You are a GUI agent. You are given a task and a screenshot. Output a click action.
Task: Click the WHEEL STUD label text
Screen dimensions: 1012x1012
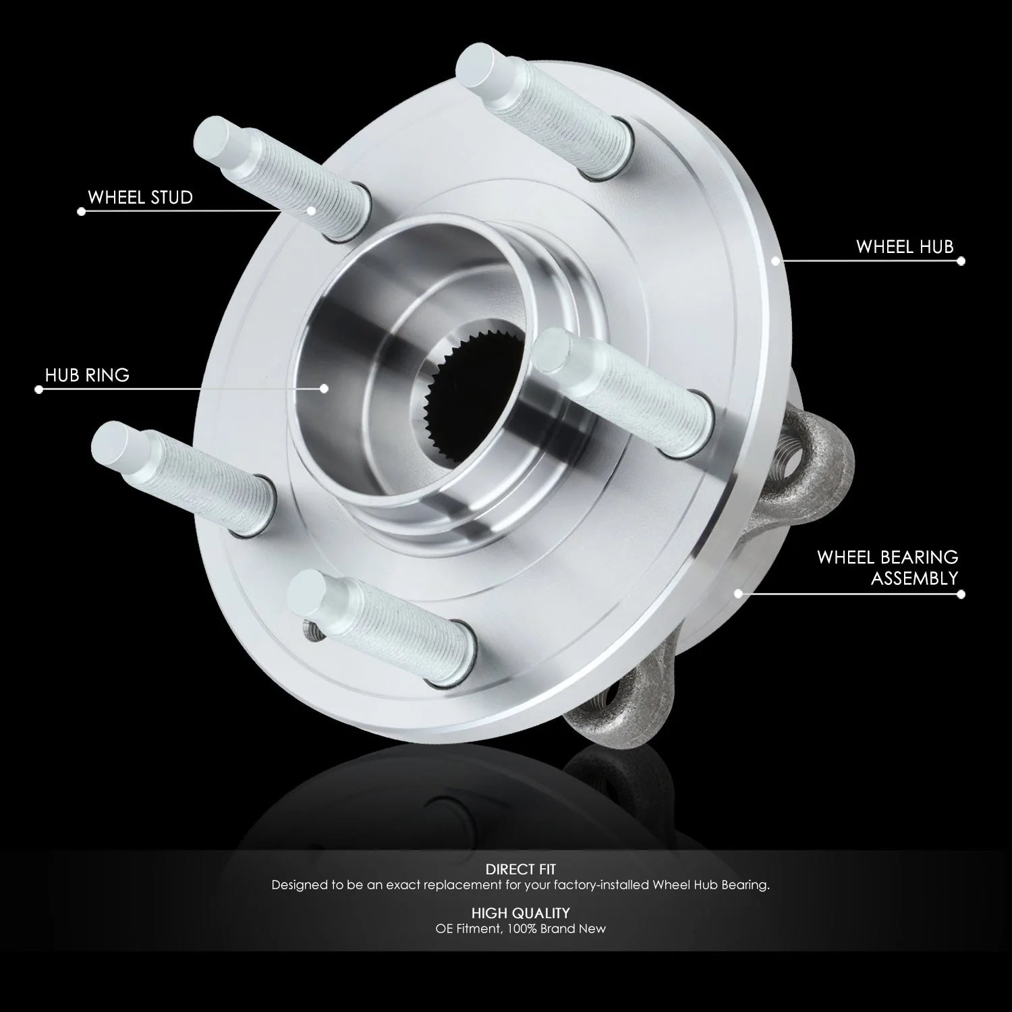pos(140,198)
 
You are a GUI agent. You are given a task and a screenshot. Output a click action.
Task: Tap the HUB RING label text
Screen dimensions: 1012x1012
pos(87,375)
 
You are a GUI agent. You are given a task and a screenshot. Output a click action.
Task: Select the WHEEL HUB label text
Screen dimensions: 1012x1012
pos(905,247)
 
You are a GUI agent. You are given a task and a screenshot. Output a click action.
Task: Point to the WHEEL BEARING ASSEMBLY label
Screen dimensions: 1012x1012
pos(888,567)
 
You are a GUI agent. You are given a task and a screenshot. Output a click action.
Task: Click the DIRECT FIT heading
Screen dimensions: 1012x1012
pos(520,870)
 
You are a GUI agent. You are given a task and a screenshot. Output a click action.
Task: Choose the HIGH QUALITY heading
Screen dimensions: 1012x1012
pos(520,913)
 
